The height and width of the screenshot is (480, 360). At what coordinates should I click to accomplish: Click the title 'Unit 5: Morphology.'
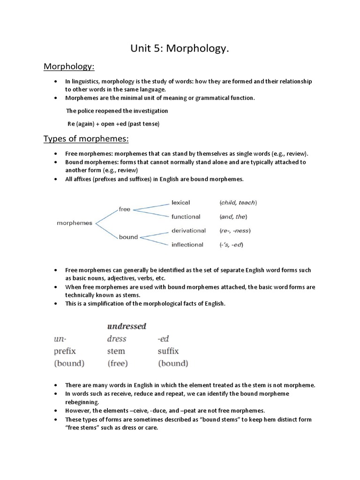[180, 49]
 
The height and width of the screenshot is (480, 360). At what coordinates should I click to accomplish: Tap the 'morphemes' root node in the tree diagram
[75, 223]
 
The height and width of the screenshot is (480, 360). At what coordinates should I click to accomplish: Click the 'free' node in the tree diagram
[124, 209]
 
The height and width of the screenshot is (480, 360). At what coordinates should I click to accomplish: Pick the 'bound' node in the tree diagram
[128, 237]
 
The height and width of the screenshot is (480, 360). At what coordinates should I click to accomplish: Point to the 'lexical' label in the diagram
[181, 202]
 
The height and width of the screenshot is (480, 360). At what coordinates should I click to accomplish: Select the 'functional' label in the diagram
[186, 217]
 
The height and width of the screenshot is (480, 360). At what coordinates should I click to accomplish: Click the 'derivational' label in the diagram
[188, 231]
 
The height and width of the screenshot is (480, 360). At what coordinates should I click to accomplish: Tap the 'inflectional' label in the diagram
[187, 244]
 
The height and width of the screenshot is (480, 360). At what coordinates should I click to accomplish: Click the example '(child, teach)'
[238, 203]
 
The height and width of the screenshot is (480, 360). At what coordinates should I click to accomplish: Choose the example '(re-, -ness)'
[235, 231]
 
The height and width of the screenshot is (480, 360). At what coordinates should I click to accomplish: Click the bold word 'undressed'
[127, 326]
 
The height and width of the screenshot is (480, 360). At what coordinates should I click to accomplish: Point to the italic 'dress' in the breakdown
[116, 338]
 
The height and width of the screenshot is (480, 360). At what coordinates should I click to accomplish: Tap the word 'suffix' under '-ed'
[168, 351]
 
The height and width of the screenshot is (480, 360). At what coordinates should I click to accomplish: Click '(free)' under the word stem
[118, 363]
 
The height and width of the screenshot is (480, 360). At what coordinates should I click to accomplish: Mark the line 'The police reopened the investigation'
[117, 111]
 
